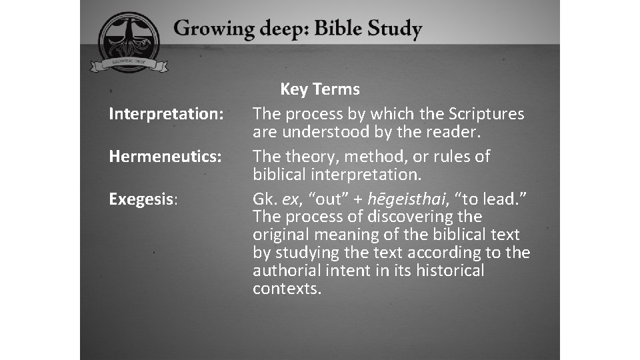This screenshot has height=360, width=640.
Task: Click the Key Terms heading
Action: click(x=320, y=89)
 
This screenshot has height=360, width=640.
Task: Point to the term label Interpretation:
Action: click(x=166, y=114)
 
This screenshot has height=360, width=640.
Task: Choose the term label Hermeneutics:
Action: click(x=165, y=157)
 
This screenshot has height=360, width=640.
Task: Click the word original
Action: click(x=280, y=235)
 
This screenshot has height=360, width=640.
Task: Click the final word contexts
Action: click(x=287, y=289)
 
